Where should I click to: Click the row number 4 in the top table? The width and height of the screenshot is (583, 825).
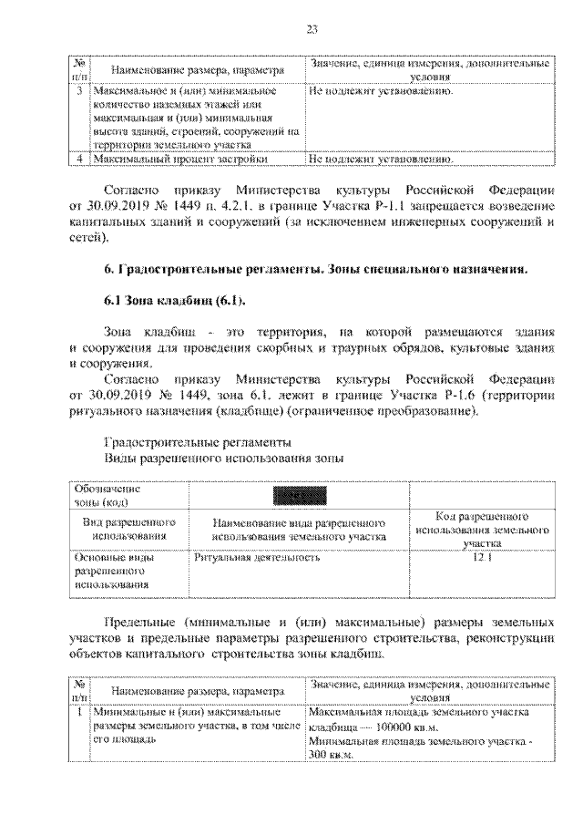pos(80,159)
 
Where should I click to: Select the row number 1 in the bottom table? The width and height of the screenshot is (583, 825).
pos(80,712)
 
